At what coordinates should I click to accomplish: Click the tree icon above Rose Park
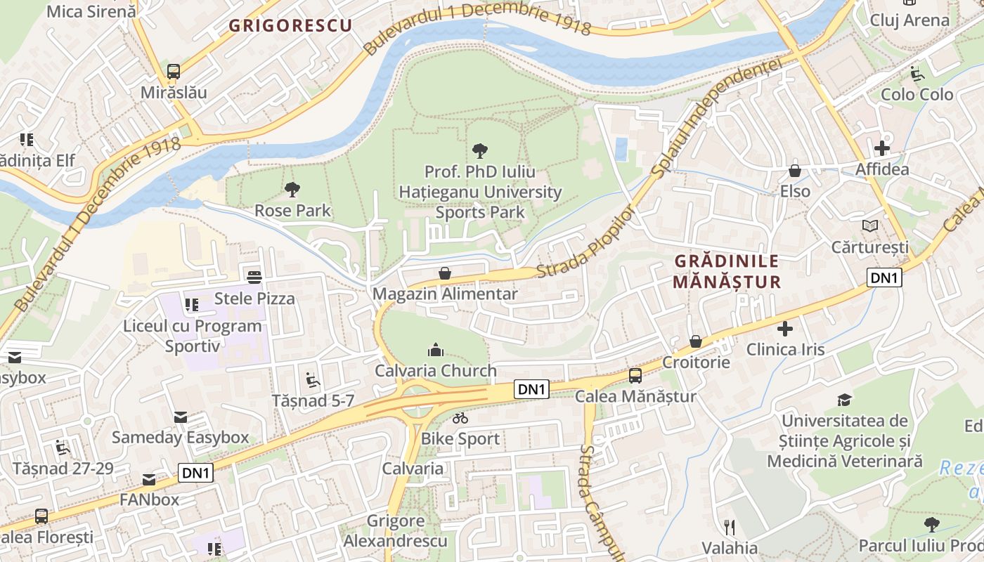tap(292, 189)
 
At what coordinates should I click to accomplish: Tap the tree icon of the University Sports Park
tap(480, 150)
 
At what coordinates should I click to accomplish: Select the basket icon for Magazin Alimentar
tap(444, 273)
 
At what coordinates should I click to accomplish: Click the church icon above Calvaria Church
tap(435, 350)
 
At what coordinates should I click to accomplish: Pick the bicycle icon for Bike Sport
tap(460, 418)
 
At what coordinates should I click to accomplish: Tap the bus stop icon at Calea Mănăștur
tap(635, 375)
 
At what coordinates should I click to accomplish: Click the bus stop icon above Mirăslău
tap(173, 71)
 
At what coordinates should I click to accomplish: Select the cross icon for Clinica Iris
tap(785, 328)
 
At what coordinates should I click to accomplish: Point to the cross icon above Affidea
tap(882, 148)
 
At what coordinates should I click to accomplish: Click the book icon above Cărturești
tap(870, 226)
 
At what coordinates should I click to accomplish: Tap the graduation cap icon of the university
tap(844, 400)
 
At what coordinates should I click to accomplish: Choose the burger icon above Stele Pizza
tap(254, 277)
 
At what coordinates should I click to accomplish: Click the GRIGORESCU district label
tap(290, 26)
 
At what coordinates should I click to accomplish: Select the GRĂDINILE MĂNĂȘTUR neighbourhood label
tap(727, 271)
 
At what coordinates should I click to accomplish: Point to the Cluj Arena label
tap(909, 20)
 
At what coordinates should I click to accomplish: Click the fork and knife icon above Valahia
tap(730, 527)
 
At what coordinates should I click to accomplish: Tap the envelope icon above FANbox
tap(149, 479)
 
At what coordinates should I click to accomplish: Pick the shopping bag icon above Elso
tap(795, 170)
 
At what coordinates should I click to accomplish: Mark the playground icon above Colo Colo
tap(917, 73)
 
